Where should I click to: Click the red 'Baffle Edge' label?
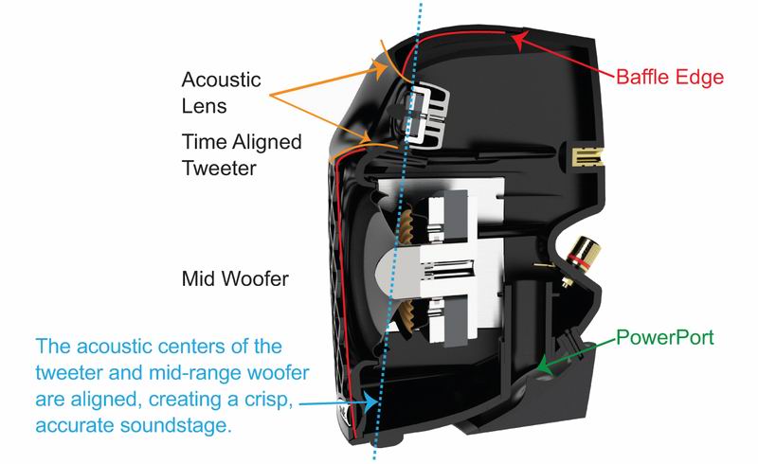tap(670, 78)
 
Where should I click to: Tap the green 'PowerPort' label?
tap(665, 337)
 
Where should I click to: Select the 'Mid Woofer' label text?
tap(235, 279)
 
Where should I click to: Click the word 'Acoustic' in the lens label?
tap(221, 80)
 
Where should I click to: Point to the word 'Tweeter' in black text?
tap(219, 169)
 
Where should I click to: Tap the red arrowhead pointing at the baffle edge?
tap(517, 41)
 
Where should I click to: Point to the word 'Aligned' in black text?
tap(266, 142)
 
